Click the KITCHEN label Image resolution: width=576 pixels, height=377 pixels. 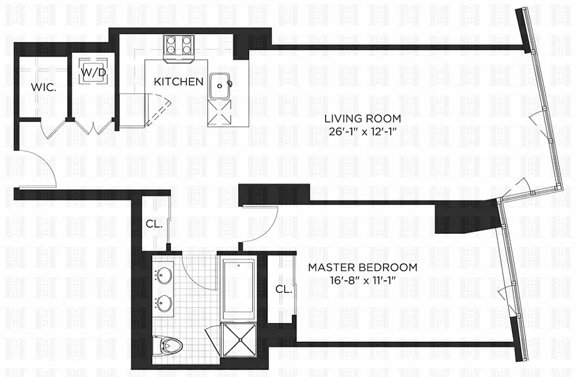[178, 82]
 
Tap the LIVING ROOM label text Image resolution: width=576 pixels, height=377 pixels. [362, 119]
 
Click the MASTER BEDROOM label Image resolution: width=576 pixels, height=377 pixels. [363, 267]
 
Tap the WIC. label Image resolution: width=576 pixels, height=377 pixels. [43, 87]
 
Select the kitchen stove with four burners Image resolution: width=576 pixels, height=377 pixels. [179, 49]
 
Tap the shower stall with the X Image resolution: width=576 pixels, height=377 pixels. [239, 339]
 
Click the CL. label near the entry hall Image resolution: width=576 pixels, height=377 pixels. [154, 224]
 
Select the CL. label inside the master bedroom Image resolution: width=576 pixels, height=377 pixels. [284, 289]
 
